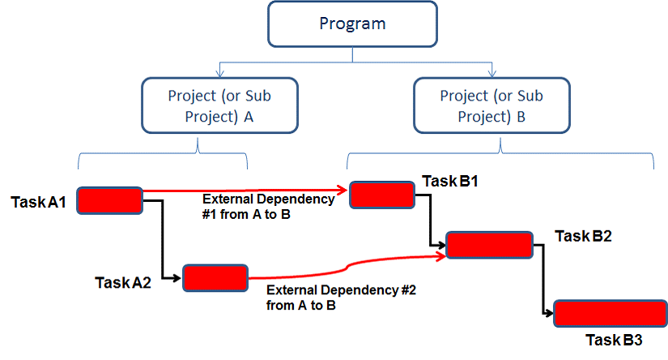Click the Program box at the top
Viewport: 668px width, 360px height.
(x=352, y=24)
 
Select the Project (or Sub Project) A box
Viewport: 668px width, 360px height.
(x=219, y=105)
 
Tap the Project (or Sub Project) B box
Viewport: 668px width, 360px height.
(x=491, y=105)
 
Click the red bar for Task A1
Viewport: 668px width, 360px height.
(x=109, y=200)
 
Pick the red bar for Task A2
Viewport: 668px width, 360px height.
(x=215, y=278)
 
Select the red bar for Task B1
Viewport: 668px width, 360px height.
(x=382, y=195)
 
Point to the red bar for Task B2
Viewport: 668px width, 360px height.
(x=490, y=245)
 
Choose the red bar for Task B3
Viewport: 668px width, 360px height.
(x=611, y=314)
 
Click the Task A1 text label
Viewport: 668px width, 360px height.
(x=38, y=202)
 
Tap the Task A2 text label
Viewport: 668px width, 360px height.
(x=123, y=282)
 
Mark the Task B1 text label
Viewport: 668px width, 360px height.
(x=450, y=182)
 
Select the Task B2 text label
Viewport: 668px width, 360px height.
(x=583, y=236)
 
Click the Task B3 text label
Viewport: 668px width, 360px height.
(x=614, y=340)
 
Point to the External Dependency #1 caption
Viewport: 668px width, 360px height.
(x=268, y=207)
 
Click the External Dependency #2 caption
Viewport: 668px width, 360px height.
(x=341, y=298)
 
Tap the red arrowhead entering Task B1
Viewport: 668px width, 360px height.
(x=342, y=190)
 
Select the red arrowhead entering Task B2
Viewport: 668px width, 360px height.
(x=440, y=256)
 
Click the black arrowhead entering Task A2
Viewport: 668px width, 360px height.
(x=177, y=278)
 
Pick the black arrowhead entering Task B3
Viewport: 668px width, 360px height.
(x=549, y=314)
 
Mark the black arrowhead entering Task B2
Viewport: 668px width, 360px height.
(x=441, y=245)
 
